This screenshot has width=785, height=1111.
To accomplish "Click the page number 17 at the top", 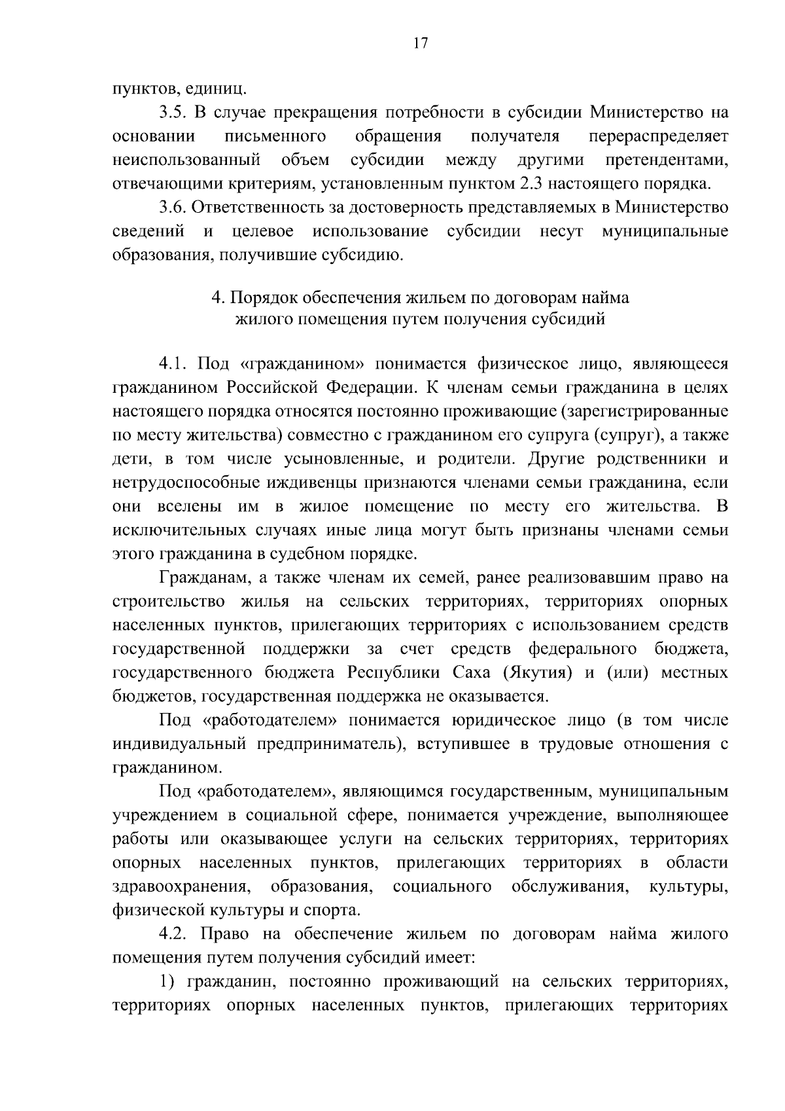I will pyautogui.click(x=420, y=43).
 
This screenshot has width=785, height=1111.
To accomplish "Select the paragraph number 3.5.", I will pyautogui.click(x=173, y=113).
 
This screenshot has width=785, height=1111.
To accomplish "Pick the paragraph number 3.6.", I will pyautogui.click(x=173, y=208).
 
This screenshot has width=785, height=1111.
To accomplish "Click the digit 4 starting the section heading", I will pyautogui.click(x=215, y=298).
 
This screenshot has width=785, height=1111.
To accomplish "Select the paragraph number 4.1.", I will pyautogui.click(x=173, y=364).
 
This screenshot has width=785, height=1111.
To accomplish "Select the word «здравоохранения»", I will pyautogui.click(x=183, y=886).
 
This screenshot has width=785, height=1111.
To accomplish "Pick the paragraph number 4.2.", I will pyautogui.click(x=173, y=934).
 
